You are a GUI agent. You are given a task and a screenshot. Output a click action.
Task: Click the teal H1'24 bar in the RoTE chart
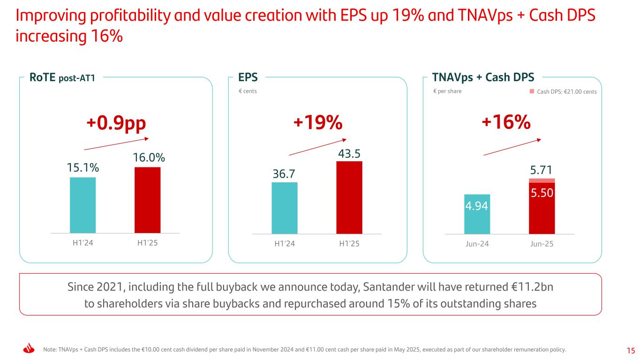coord(83,205)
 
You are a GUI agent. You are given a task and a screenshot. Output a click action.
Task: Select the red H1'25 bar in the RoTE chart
coord(147,200)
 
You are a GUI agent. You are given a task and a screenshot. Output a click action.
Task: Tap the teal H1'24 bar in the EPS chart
coord(285,208)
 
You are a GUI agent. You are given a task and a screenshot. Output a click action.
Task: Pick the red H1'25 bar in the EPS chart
coord(349,197)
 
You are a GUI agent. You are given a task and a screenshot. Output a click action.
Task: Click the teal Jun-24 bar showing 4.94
coord(477,214)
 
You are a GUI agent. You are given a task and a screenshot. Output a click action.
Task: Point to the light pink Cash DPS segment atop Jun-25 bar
coord(542,180)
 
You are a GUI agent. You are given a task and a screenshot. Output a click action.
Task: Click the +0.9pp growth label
coord(117,123)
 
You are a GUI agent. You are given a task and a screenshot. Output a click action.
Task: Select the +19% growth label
coord(318,123)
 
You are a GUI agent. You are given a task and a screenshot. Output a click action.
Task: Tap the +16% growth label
coord(506,123)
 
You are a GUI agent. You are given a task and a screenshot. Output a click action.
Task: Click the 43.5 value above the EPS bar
coord(349,153)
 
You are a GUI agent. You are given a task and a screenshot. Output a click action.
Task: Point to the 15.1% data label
coord(83,167)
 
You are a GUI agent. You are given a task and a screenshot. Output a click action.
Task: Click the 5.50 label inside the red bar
coord(542,193)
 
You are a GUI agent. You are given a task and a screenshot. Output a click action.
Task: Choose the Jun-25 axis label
coord(542,244)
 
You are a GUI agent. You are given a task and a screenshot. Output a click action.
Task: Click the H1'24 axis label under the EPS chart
coord(285,244)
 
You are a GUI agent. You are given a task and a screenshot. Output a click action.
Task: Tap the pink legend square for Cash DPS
coord(532,91)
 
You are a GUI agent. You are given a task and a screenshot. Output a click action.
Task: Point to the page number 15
coord(631,350)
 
